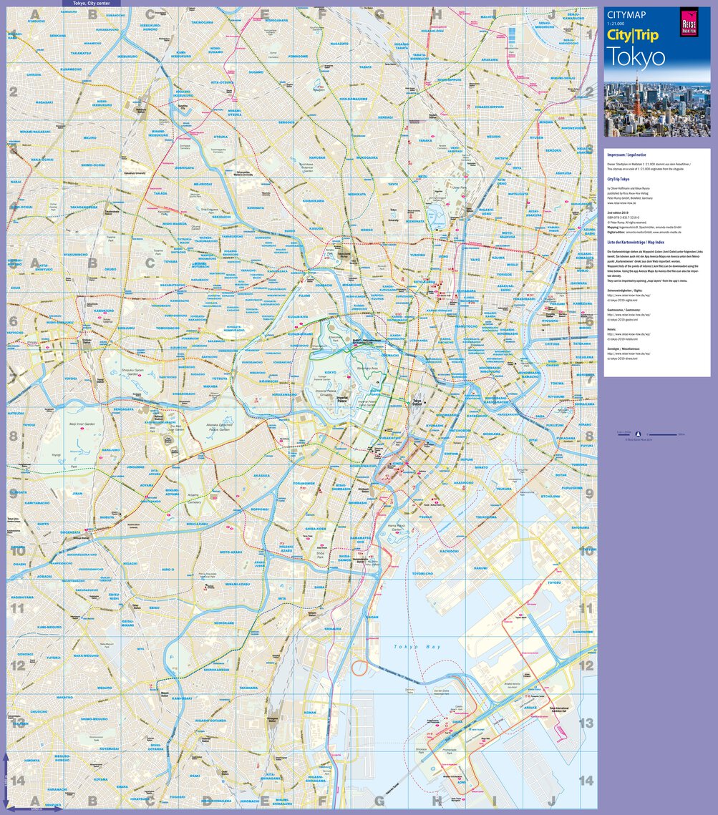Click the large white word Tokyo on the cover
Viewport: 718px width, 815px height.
pyautogui.click(x=636, y=57)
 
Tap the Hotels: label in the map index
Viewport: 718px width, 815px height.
pyautogui.click(x=611, y=330)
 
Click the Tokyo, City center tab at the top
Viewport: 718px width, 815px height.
pyautogui.click(x=90, y=4)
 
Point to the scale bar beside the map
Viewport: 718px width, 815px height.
pyautogui.click(x=665, y=434)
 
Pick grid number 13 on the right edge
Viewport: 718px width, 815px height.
pyautogui.click(x=586, y=723)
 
